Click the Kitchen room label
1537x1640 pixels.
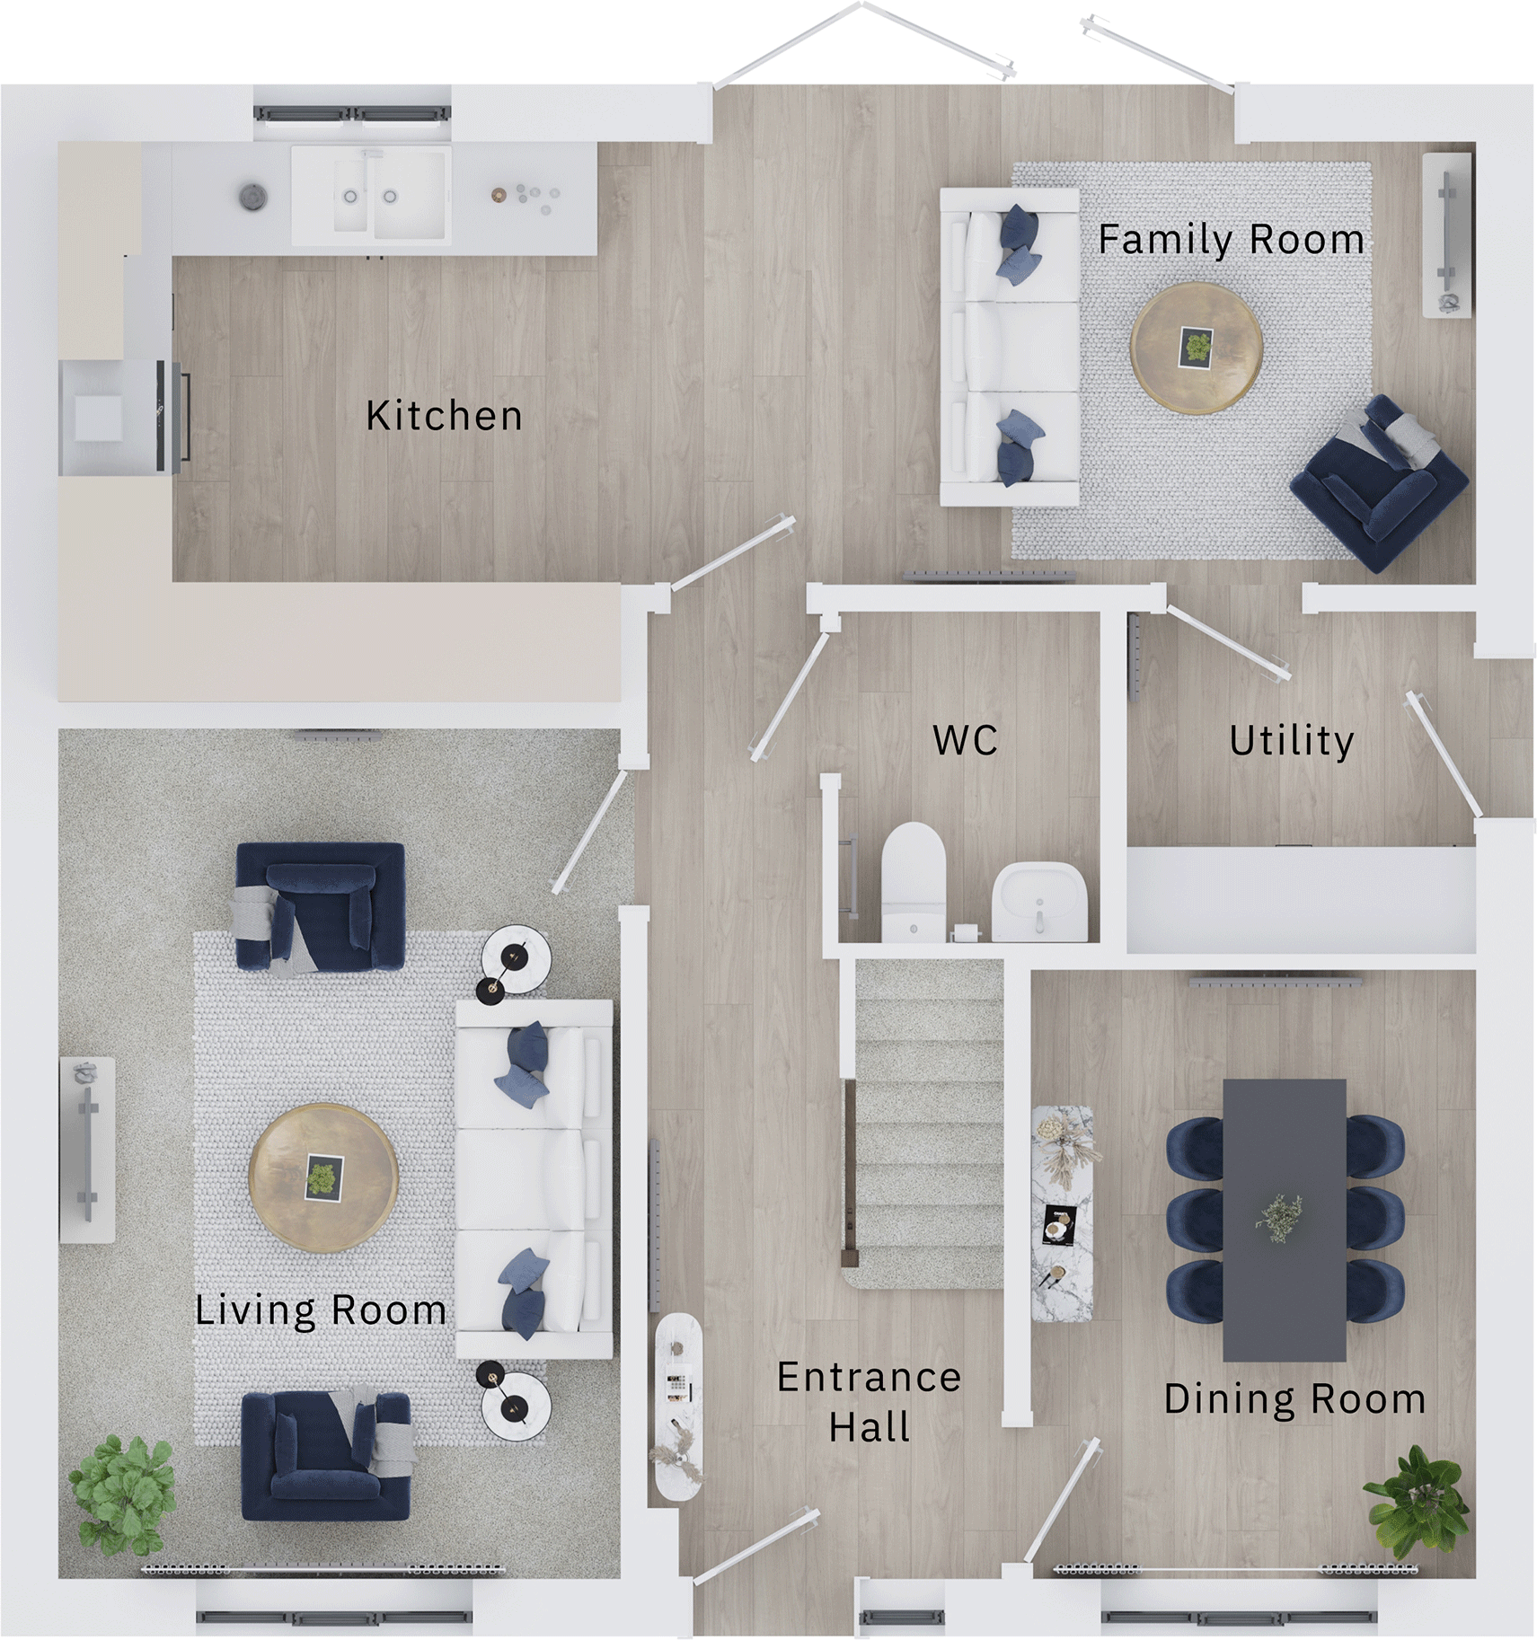pos(444,416)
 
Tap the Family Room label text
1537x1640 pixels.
pos(1230,240)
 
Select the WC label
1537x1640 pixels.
pos(965,740)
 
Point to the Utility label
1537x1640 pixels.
pos(1291,741)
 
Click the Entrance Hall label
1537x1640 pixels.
pos(869,1401)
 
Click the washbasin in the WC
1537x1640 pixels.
pos(1039,901)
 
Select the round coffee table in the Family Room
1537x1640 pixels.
pos(1197,348)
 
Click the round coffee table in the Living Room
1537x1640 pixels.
pos(322,1177)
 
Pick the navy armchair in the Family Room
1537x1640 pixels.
pos(1379,483)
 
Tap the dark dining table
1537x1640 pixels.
pos(1284,1219)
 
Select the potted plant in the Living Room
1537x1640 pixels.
pos(122,1494)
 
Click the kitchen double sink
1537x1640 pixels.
pos(371,196)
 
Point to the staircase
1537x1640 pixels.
pos(928,1123)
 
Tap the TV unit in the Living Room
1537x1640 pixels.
pos(87,1149)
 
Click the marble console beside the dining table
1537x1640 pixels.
pos(1062,1212)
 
